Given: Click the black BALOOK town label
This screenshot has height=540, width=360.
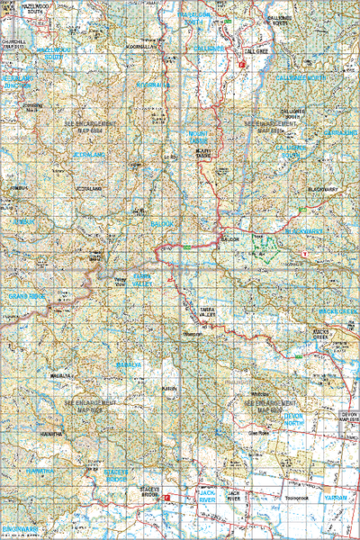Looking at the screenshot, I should tap(229, 239).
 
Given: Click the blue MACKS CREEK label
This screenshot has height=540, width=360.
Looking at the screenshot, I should tap(337, 311).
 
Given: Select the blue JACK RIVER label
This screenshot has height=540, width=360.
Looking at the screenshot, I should tap(206, 495).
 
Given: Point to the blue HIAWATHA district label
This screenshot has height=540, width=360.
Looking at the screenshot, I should tap(41, 472).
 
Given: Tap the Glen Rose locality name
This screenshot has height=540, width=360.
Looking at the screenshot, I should tap(259, 433).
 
